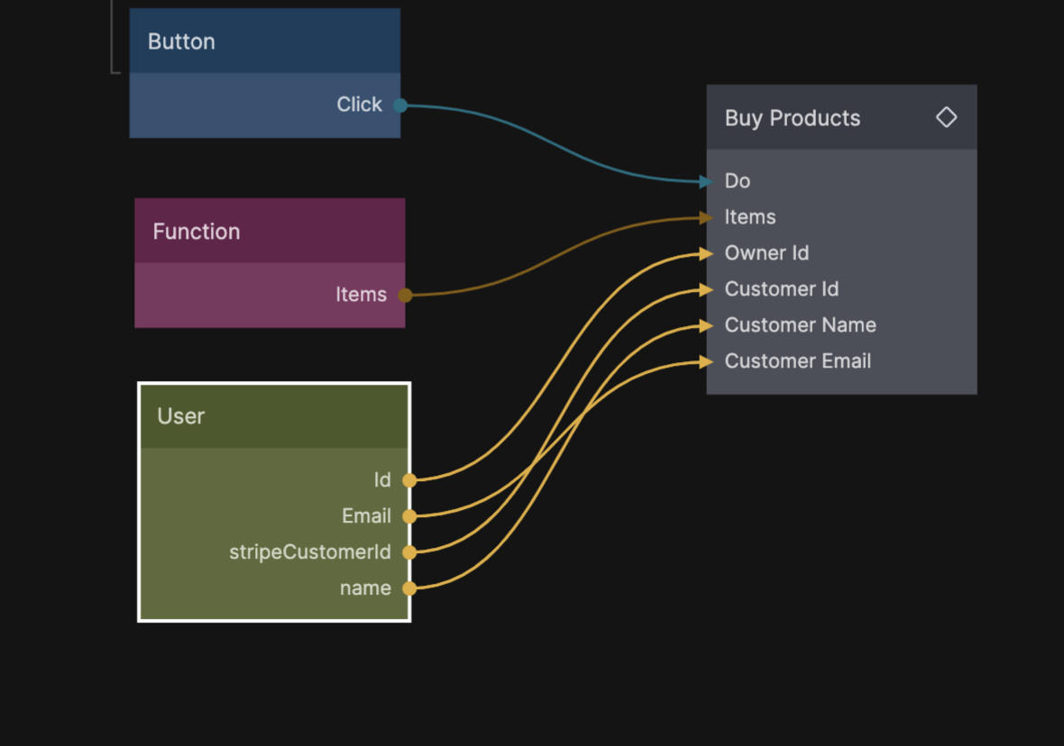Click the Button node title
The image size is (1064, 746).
click(181, 41)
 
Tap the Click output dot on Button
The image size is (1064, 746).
click(400, 105)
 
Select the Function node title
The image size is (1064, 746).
click(197, 232)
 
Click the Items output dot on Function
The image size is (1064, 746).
click(405, 295)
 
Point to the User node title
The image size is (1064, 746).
click(180, 416)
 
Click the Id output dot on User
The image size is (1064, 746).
click(409, 480)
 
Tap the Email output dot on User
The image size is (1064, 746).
click(409, 516)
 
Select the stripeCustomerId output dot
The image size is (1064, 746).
click(409, 552)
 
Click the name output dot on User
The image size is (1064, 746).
click(409, 588)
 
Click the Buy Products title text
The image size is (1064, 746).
click(793, 118)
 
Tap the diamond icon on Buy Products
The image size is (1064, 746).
click(946, 117)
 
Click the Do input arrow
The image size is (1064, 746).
click(706, 182)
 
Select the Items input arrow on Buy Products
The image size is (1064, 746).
click(706, 217)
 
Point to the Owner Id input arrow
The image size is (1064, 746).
click(706, 254)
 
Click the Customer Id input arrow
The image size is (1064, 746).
click(706, 290)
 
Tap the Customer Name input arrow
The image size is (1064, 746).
click(706, 326)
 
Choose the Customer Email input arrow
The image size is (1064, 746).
click(706, 362)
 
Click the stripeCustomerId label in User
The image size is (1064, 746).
click(310, 552)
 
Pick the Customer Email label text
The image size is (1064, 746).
click(798, 361)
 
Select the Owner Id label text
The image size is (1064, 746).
click(766, 253)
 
